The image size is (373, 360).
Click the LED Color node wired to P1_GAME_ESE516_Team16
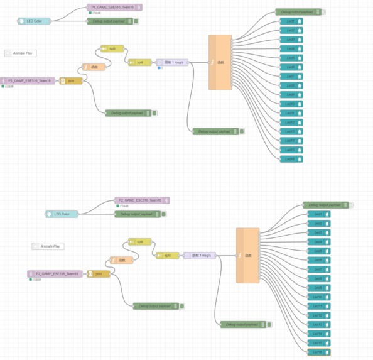34,21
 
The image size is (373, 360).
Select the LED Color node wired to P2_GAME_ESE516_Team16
62,214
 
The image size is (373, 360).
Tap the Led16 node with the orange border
318,352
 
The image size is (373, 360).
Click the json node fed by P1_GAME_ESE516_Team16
71,81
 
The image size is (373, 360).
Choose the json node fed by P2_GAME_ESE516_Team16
99,274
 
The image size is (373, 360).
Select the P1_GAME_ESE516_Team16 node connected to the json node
28,81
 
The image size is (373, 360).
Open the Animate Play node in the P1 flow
21,53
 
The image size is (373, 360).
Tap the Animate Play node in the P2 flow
48,246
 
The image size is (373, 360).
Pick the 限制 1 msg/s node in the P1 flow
172,62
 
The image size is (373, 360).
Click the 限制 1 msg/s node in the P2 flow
200,256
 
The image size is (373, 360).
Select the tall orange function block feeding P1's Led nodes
220,62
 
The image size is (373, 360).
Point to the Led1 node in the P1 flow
291,21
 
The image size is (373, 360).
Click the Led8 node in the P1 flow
291,85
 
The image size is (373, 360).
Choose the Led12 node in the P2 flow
318,315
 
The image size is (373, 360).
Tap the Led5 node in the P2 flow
318,251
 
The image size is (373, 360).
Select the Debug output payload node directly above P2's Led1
326,205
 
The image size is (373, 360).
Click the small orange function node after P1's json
94,67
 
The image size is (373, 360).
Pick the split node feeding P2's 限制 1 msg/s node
167,256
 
